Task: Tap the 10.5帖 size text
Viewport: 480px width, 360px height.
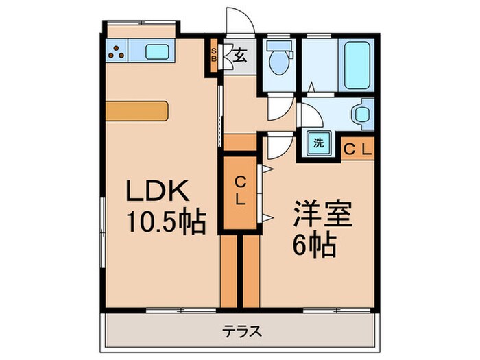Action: (x=165, y=221)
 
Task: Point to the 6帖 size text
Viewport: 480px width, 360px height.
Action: (x=315, y=244)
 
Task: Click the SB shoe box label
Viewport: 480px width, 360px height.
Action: (x=214, y=53)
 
